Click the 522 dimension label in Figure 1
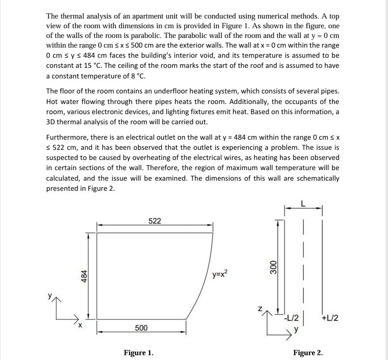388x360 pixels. point(154,221)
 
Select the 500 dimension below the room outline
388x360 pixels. point(141,328)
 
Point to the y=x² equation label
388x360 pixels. point(220,275)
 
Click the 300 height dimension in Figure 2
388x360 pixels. point(273,267)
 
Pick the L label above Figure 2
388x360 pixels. point(303,204)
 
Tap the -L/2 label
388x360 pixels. point(291,318)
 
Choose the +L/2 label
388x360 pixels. point(330,318)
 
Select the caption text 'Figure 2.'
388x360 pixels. point(308,353)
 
